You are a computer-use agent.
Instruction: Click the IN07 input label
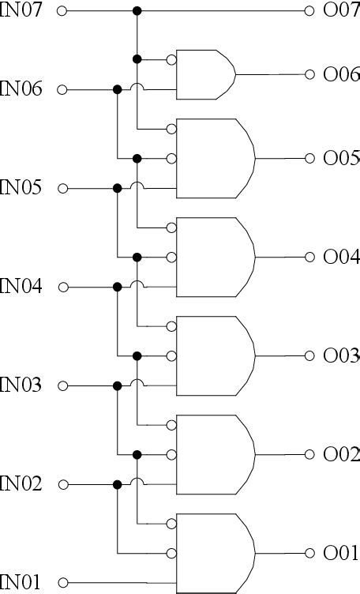tap(21, 11)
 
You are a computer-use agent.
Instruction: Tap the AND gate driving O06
tap(205, 74)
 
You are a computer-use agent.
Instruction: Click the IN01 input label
tap(21, 583)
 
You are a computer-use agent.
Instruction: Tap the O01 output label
tap(341, 553)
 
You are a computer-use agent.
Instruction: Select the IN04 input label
tap(21, 287)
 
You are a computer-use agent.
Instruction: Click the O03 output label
tap(341, 355)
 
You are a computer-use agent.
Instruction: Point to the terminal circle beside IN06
tap(63, 89)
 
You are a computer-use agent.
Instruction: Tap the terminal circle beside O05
tap(309, 158)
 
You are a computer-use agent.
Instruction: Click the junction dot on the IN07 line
tap(137, 11)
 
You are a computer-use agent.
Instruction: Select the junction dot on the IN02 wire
tap(118, 484)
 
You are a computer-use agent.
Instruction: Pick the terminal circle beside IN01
tap(63, 583)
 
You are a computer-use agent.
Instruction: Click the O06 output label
tap(341, 74)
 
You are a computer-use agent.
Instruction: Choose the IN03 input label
tap(21, 385)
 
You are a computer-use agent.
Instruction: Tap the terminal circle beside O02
tap(309, 454)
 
